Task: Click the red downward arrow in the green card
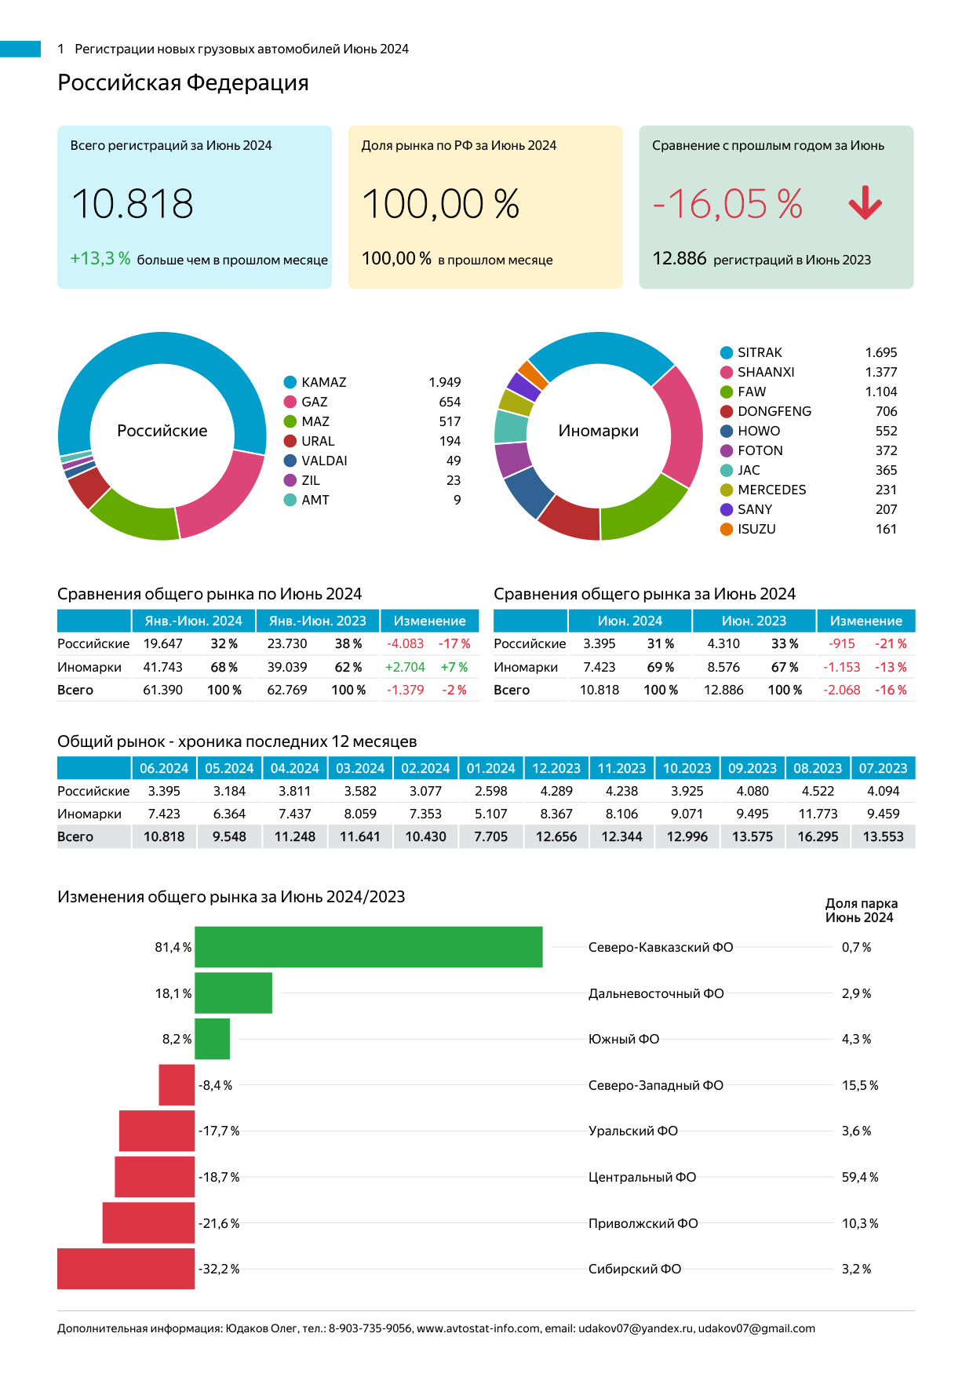[x=865, y=203]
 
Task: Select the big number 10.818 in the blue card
[x=133, y=204]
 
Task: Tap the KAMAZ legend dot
[x=290, y=382]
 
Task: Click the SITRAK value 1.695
[x=880, y=352]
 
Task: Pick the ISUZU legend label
[x=756, y=529]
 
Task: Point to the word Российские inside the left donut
[x=162, y=431]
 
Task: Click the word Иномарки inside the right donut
[x=599, y=431]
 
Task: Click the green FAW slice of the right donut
[x=645, y=511]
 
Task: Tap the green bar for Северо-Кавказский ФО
[x=368, y=947]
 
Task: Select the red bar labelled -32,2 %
[x=126, y=1269]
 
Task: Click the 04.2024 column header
[x=294, y=768]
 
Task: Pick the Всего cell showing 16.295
[x=818, y=836]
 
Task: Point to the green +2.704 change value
[x=405, y=667]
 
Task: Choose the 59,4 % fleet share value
[x=860, y=1177]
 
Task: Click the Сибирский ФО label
[x=635, y=1269]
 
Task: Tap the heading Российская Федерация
[x=183, y=82]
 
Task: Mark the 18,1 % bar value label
[x=173, y=993]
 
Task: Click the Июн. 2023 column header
[x=753, y=621]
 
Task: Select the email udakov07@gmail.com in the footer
[x=756, y=1328]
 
